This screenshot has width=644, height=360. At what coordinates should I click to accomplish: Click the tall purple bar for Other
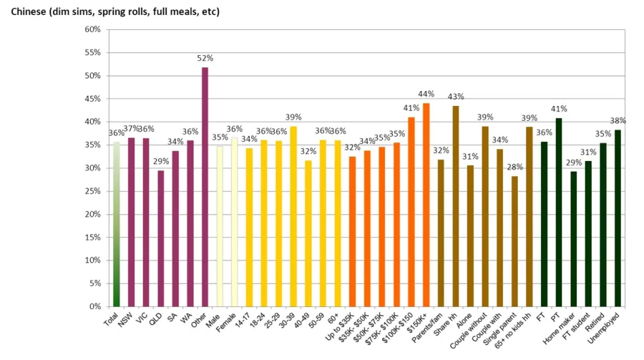pyautogui.click(x=205, y=187)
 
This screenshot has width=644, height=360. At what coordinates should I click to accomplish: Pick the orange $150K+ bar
pyautogui.click(x=426, y=205)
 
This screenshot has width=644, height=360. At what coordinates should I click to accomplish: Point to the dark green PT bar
pyautogui.click(x=559, y=212)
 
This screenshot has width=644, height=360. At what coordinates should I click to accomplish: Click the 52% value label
pyautogui.click(x=205, y=58)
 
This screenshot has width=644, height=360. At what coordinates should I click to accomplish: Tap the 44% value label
pyautogui.click(x=426, y=94)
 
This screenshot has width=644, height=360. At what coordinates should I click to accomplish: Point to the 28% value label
pyautogui.click(x=514, y=167)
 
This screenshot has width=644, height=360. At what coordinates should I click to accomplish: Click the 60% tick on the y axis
pyautogui.click(x=92, y=29)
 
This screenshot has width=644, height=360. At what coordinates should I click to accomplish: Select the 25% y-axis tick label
pyautogui.click(x=92, y=191)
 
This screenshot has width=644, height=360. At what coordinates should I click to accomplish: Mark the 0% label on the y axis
pyautogui.click(x=94, y=306)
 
